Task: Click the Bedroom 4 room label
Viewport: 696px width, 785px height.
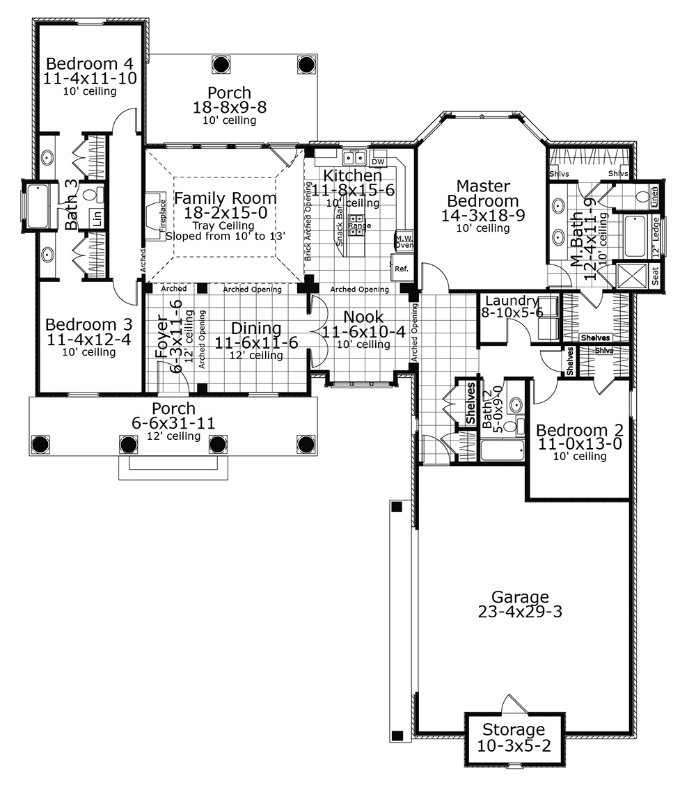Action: coord(90,63)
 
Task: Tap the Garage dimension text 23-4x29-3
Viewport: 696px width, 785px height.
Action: coord(520,612)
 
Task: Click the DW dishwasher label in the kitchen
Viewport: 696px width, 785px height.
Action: coord(378,161)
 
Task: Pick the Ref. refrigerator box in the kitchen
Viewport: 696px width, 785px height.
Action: coord(400,268)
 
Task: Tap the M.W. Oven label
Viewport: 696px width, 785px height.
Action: coord(404,241)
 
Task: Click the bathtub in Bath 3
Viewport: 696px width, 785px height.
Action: coord(38,206)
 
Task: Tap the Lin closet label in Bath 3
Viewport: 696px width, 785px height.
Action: coord(97,218)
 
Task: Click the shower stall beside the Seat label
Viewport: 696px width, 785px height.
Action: coord(633,276)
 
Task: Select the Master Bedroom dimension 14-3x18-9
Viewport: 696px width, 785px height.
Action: coord(483,215)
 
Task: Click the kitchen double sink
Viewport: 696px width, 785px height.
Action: coord(354,158)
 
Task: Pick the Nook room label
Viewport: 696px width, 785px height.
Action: coord(363,317)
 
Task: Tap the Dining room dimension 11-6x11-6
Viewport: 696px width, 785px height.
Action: coord(256,342)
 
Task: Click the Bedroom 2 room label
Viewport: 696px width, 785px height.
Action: coord(580,430)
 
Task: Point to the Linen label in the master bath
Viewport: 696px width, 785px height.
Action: coord(654,196)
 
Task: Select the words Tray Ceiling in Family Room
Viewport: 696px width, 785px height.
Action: coord(223,225)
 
